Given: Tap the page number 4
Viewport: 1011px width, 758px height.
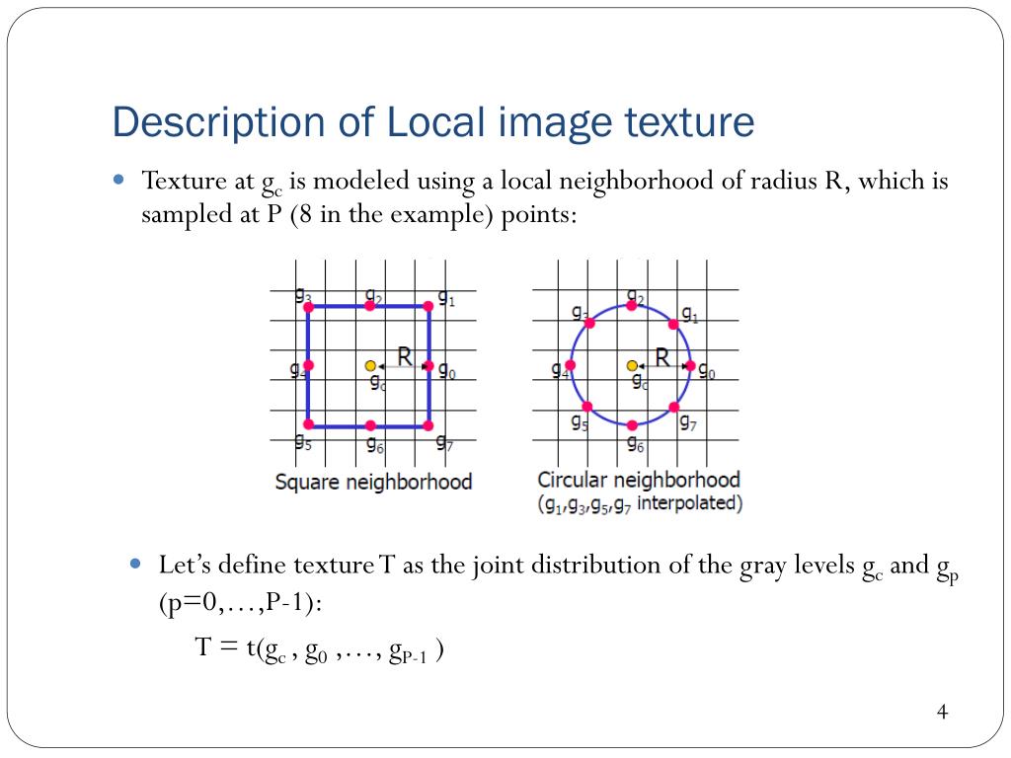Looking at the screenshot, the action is [x=942, y=713].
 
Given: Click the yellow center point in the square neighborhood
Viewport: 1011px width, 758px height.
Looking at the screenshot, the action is [x=370, y=365].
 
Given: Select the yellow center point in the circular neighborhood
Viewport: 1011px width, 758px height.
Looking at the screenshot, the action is [x=632, y=365].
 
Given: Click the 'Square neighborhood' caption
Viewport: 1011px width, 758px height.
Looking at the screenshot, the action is [x=373, y=482].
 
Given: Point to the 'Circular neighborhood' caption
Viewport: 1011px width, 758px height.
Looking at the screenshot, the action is [x=638, y=480].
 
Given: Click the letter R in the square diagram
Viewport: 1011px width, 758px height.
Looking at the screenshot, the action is [x=405, y=355].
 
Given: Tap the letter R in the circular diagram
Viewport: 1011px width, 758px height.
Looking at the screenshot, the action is [x=662, y=356].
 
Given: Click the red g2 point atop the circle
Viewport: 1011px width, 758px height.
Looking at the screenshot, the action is [x=632, y=306].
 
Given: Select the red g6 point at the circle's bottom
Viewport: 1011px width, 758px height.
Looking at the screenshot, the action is [x=632, y=424].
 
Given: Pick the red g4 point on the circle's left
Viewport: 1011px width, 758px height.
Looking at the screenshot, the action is [x=571, y=365].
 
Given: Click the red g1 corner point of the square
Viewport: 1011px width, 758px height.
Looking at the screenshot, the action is [x=428, y=307].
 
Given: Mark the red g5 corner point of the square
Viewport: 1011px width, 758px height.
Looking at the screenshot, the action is [x=308, y=424].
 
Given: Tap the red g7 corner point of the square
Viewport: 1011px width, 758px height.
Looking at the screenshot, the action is [x=428, y=425].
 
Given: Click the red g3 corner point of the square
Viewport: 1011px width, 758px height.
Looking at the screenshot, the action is [x=308, y=307].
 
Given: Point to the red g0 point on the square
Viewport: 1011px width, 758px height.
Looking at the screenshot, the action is [x=428, y=365].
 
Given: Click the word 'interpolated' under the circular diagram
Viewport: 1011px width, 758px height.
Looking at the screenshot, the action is [x=689, y=503].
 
